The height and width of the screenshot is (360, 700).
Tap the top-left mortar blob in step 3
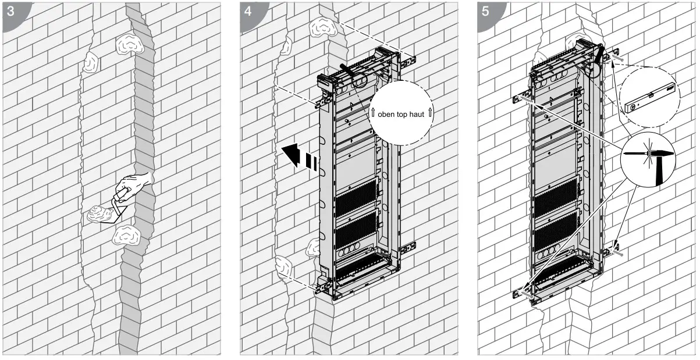coord(90,62)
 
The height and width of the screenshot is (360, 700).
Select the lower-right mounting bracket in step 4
coord(407,247)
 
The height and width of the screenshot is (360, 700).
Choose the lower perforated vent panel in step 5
coord(556,231)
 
